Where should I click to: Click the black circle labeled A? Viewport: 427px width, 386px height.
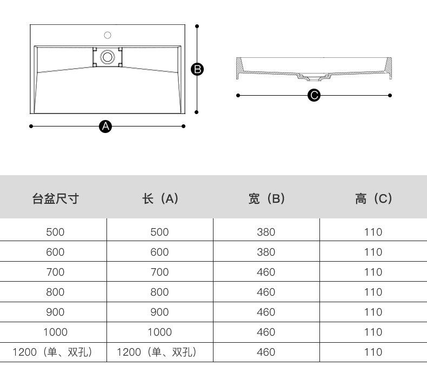coord(106,127)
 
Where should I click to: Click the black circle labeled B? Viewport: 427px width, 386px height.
coord(197,69)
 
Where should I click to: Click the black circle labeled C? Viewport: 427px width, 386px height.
coord(313,96)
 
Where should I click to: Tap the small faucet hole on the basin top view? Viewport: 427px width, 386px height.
coord(108,35)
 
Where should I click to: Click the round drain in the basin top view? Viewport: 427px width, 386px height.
coord(108,56)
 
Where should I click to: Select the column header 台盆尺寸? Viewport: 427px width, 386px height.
coord(55,198)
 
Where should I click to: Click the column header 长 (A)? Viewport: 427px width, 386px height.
coord(160,198)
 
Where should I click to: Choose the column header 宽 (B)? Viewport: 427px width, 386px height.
coord(266,198)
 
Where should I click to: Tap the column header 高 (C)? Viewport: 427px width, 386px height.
coord(373,198)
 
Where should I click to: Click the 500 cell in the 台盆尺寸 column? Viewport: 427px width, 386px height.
coord(55,232)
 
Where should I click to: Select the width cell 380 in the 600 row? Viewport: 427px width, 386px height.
coord(266,252)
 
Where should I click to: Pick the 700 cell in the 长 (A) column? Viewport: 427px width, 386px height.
coord(160,272)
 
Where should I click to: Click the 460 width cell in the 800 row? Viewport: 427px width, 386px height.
coord(266,292)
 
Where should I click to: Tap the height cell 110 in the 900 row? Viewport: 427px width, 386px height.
coord(373,312)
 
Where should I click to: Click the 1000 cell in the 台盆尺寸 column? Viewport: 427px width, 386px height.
coord(55,332)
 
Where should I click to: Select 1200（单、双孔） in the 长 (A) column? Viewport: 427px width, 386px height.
coord(157,352)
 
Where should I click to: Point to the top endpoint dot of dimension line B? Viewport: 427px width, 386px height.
coord(197,26)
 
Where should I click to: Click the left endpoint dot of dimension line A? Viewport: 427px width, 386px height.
coord(31,127)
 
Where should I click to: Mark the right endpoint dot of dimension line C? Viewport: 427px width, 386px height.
coord(390,96)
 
